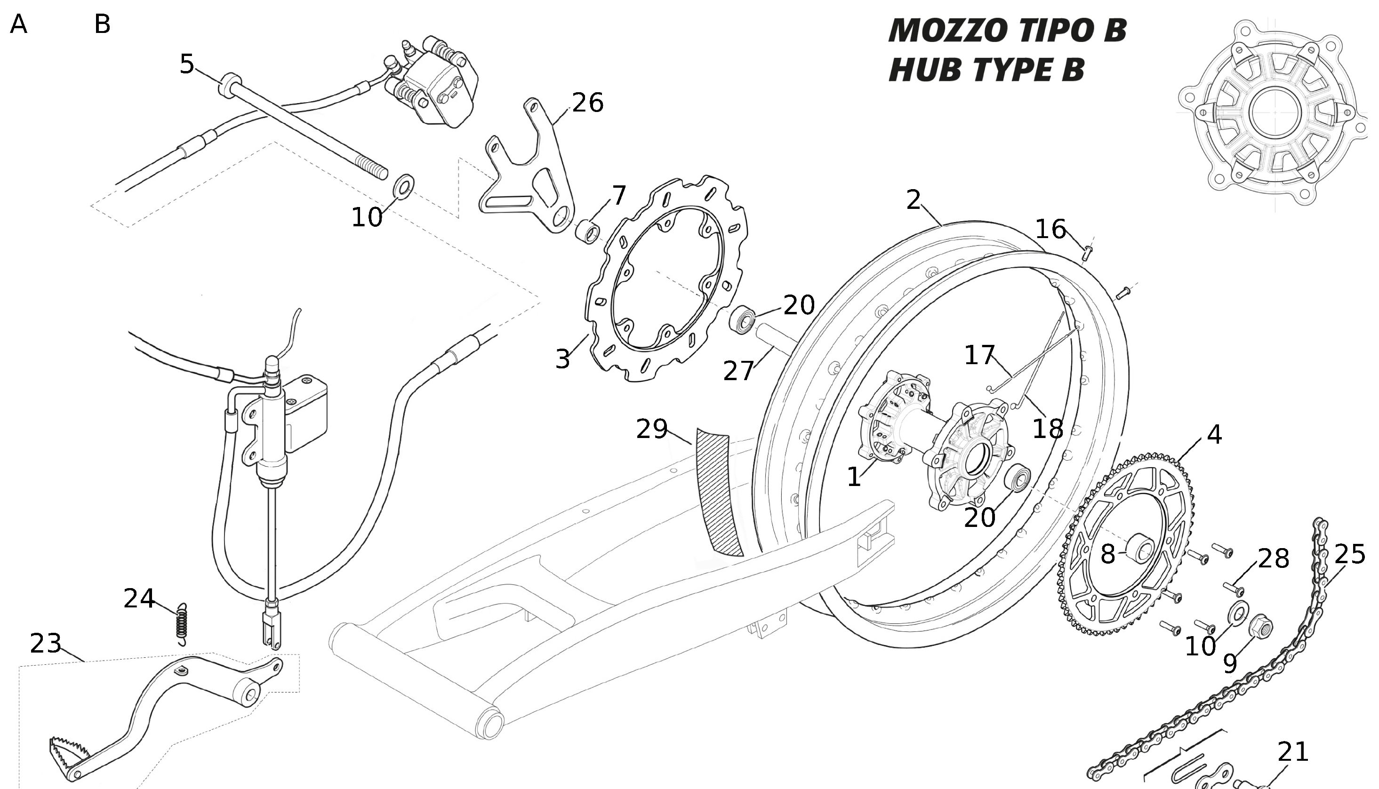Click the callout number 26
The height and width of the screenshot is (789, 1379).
(x=587, y=103)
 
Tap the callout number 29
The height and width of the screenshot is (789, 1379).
(x=651, y=429)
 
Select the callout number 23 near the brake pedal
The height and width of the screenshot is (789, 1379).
(x=46, y=643)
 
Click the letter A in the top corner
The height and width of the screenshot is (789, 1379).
(x=19, y=24)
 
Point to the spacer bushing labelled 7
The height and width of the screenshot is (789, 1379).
(x=587, y=232)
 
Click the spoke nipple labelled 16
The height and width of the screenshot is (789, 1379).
(x=1087, y=251)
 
